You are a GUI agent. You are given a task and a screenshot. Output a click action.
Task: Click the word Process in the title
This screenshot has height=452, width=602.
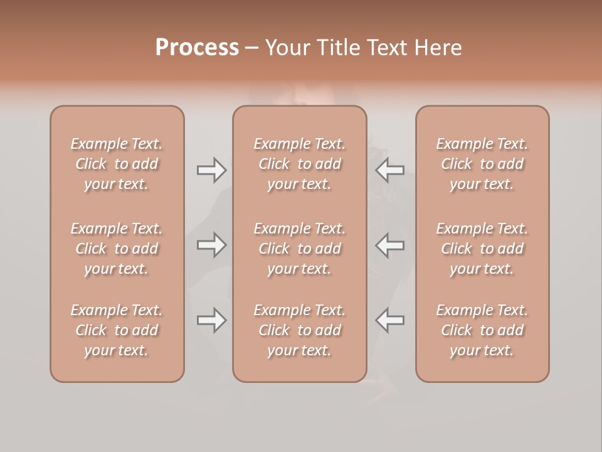click(197, 48)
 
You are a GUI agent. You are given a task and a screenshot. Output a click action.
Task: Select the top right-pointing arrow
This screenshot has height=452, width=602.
click(211, 169)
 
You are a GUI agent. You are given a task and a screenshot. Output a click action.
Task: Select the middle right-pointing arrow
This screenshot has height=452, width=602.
click(211, 244)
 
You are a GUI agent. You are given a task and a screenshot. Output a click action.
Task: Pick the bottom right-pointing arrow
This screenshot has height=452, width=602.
click(211, 320)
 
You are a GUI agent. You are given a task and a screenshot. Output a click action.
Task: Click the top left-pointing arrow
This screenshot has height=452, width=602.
click(389, 169)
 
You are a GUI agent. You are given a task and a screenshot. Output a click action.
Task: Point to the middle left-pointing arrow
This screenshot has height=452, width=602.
click(389, 244)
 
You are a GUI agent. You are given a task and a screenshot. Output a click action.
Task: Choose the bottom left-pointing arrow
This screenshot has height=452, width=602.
click(389, 320)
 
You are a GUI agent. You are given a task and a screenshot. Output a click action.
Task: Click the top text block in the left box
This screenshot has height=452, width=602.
click(117, 164)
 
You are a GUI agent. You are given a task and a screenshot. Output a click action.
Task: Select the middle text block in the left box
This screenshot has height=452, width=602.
click(117, 249)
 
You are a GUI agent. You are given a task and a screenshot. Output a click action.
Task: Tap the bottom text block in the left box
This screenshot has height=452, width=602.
click(117, 330)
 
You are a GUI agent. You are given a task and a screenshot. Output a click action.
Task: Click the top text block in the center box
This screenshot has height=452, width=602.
click(300, 164)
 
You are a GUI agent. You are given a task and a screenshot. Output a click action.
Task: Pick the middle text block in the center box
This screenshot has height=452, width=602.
click(300, 249)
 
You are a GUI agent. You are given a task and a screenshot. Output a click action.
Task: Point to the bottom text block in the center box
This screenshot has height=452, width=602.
click(300, 330)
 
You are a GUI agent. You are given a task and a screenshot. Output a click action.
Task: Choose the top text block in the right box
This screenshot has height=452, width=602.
click(482, 164)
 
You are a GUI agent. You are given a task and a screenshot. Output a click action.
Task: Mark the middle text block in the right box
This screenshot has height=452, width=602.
click(482, 249)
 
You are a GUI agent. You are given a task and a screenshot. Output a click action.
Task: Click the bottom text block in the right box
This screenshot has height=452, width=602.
click(482, 330)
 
